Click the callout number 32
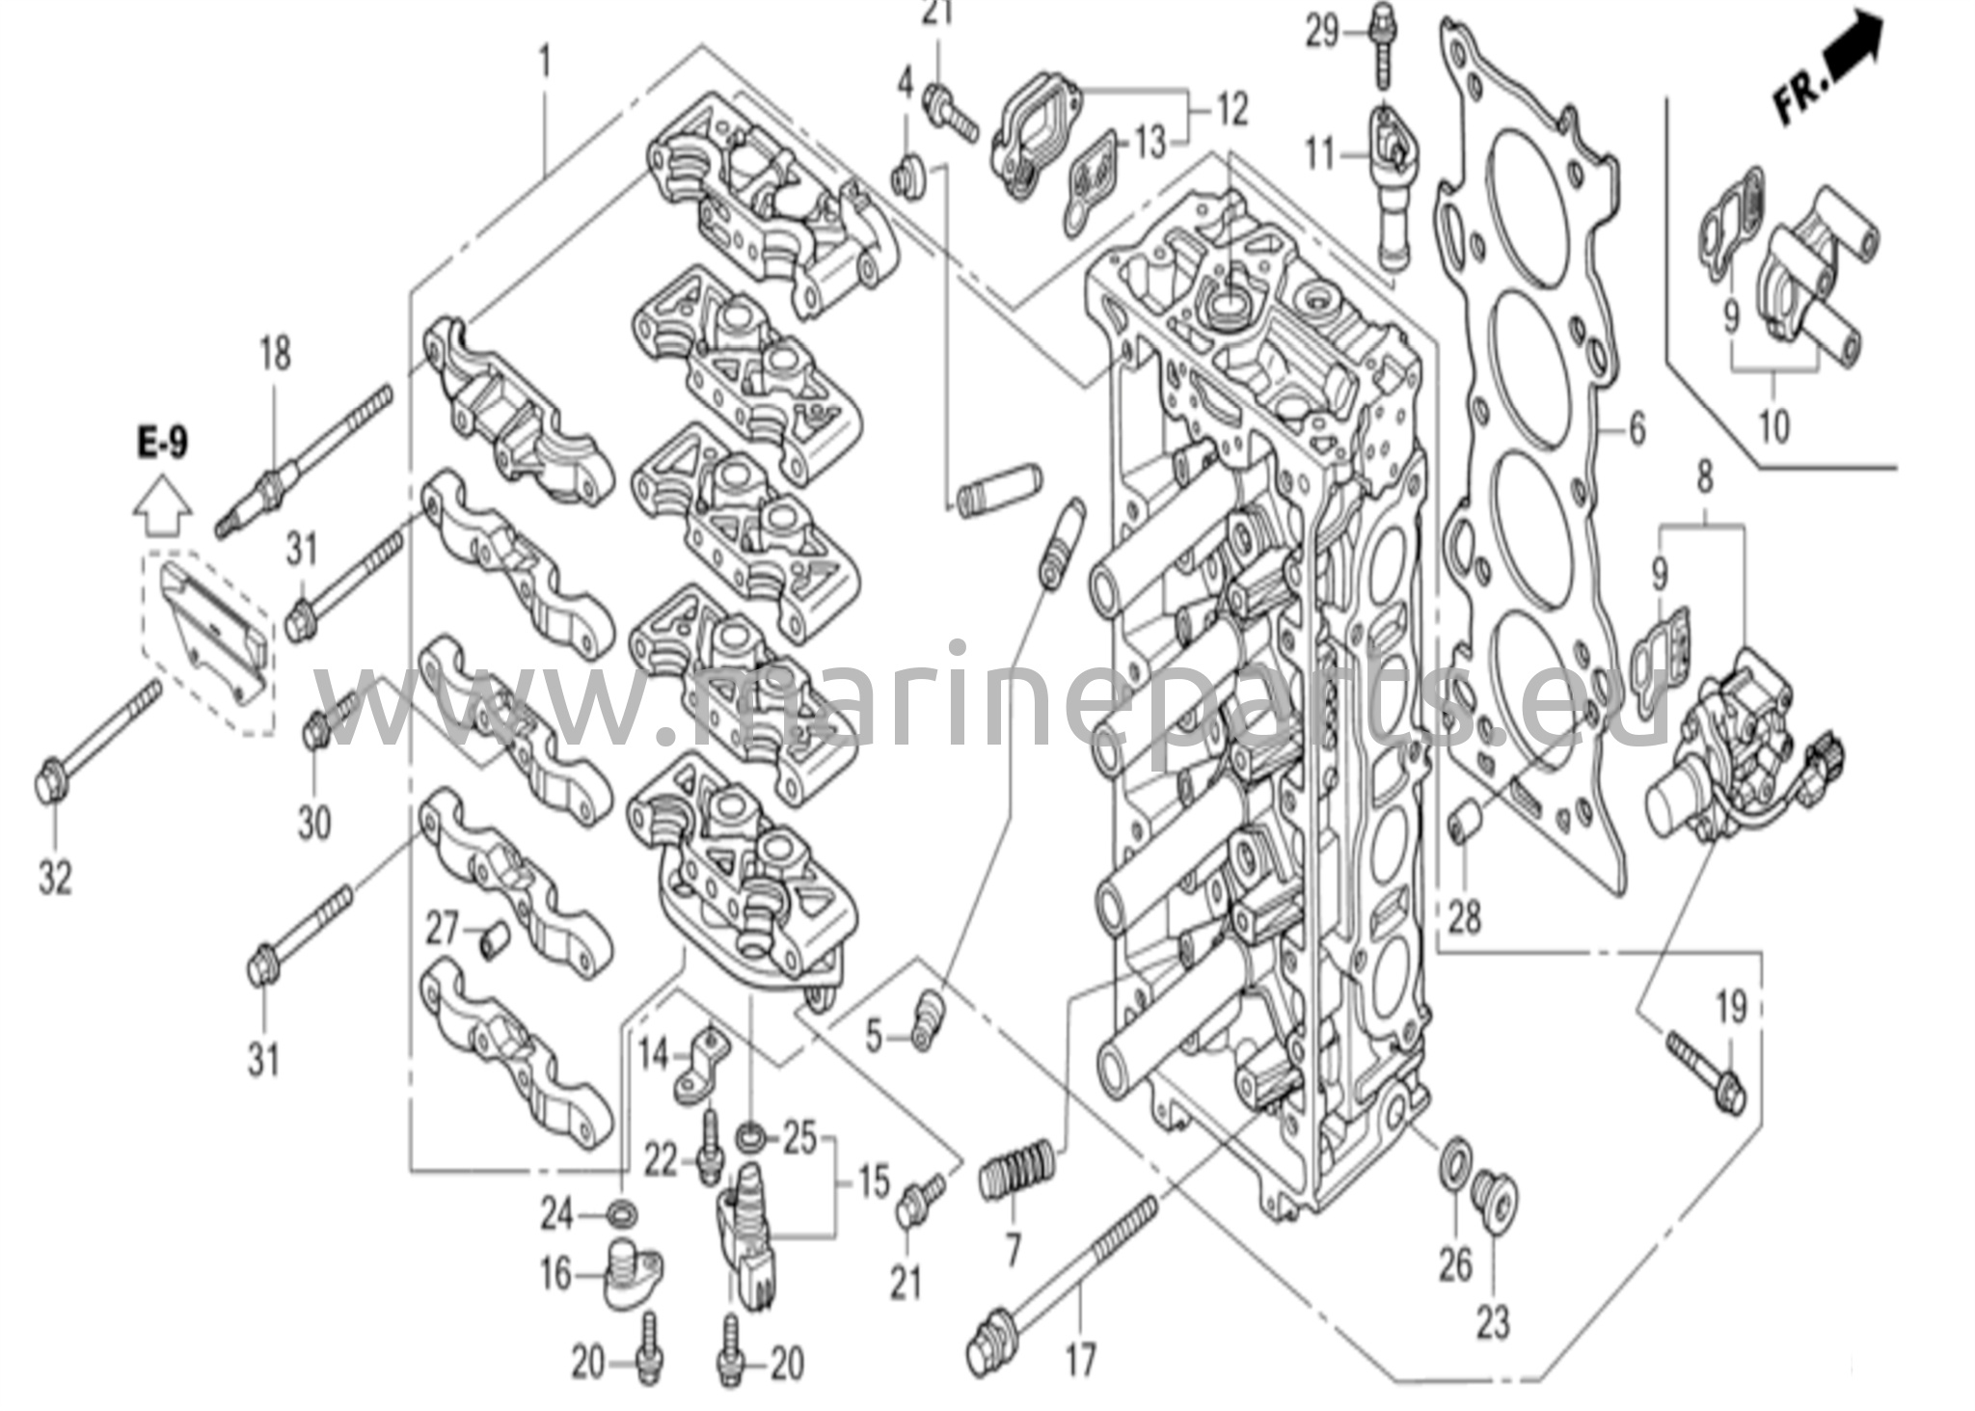(x=55, y=878)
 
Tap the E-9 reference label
(x=163, y=444)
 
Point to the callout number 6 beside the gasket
(x=1637, y=429)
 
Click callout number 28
(x=1463, y=916)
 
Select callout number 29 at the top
(x=1323, y=34)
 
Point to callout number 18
(x=275, y=353)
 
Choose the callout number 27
(x=443, y=930)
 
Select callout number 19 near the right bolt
(x=1731, y=1009)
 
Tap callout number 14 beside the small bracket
(x=653, y=1054)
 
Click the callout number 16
(x=555, y=1274)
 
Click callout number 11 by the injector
(x=1321, y=152)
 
